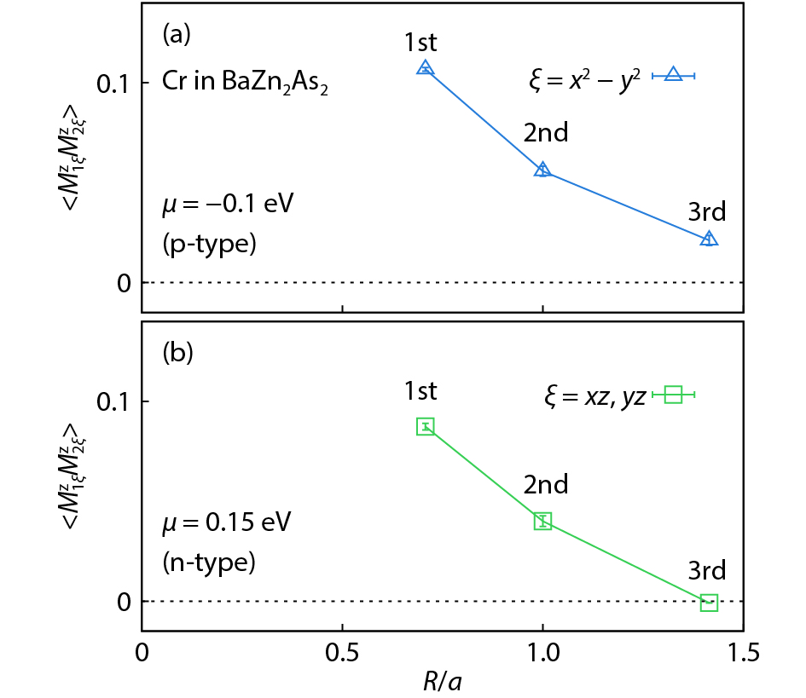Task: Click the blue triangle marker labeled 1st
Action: (x=426, y=68)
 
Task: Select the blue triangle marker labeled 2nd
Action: (x=542, y=170)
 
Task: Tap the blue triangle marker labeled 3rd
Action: (x=709, y=239)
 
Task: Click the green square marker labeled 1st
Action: (x=426, y=426)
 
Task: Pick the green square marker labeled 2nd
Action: (x=542, y=521)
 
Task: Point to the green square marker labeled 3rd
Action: (x=709, y=603)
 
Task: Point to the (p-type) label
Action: (x=209, y=244)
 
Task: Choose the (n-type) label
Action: (x=209, y=562)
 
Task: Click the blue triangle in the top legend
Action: (x=673, y=75)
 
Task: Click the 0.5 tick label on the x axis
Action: (x=342, y=654)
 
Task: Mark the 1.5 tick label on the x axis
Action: (x=743, y=654)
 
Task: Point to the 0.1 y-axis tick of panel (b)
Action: (x=114, y=401)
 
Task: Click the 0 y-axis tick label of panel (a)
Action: (x=123, y=282)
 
